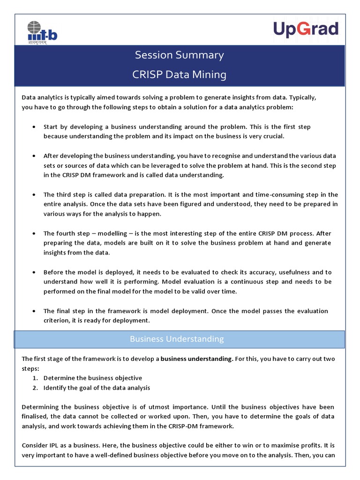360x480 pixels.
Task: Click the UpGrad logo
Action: pyautogui.click(x=306, y=29)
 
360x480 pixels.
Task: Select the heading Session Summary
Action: pyautogui.click(x=180, y=55)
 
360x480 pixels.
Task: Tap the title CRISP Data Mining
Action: pyautogui.click(x=180, y=75)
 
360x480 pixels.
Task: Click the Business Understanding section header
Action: pyautogui.click(x=177, y=339)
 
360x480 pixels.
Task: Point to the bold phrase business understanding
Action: pyautogui.click(x=197, y=359)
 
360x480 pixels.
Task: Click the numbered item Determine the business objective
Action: pyautogui.click(x=93, y=378)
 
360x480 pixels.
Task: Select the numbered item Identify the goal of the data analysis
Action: pyautogui.click(x=97, y=388)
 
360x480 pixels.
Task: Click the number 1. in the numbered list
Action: pyautogui.click(x=35, y=378)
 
